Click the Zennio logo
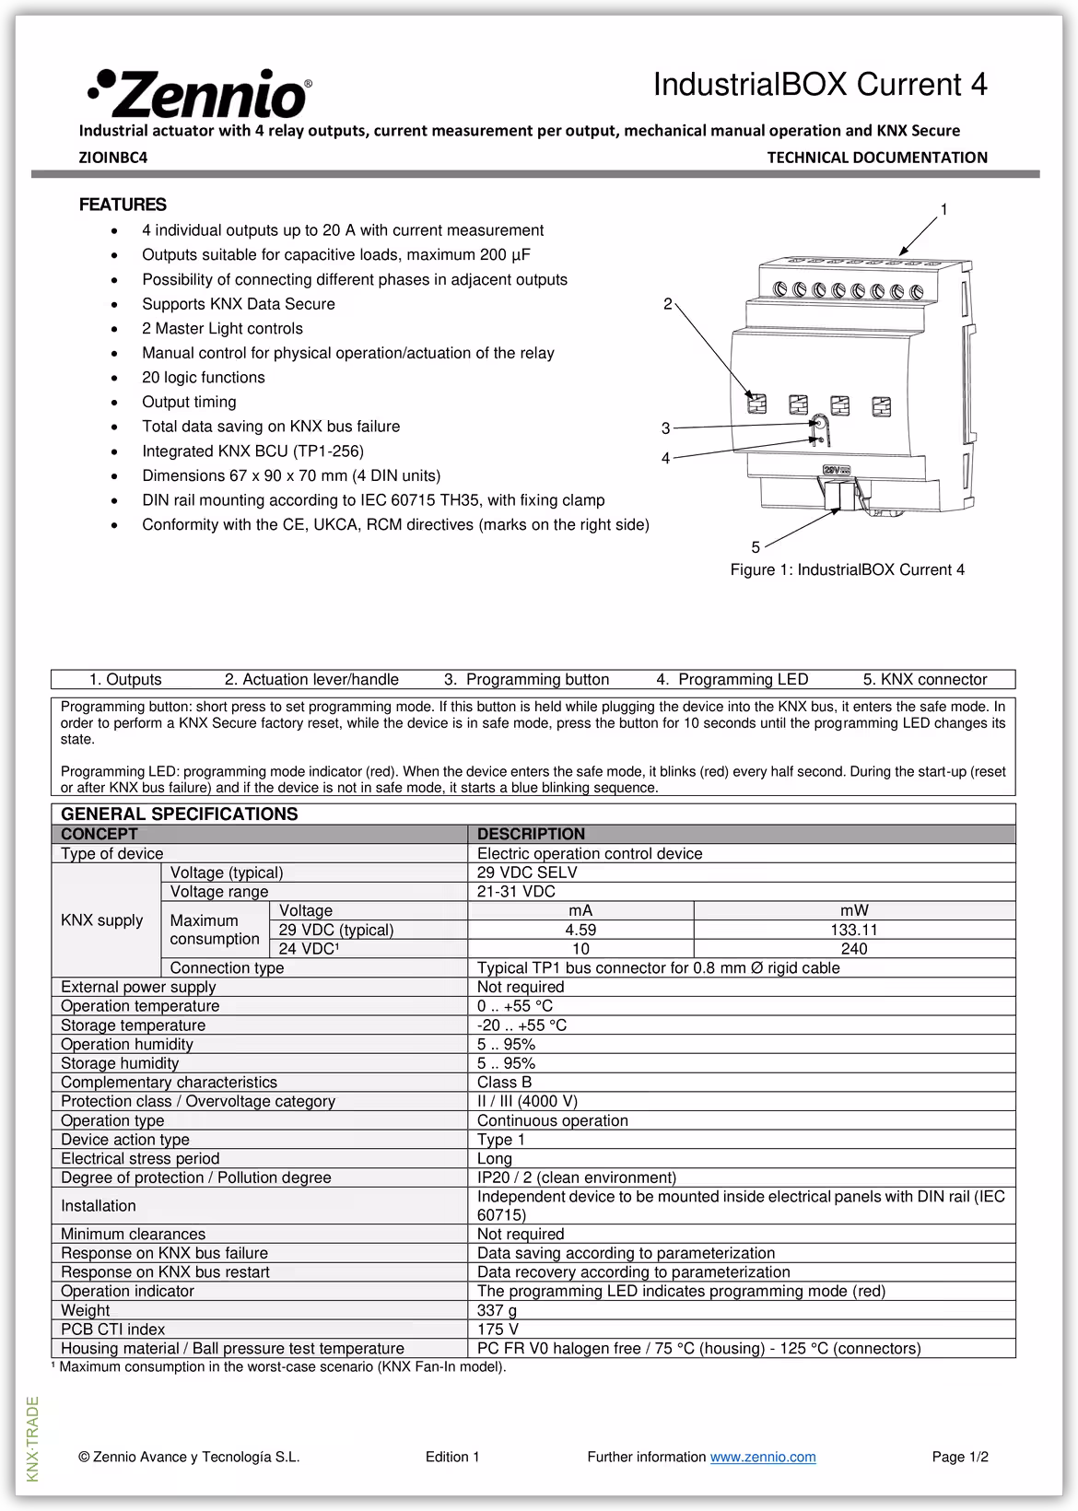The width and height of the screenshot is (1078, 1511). (200, 92)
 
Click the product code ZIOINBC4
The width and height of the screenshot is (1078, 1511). (112, 158)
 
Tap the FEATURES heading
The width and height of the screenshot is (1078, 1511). (123, 205)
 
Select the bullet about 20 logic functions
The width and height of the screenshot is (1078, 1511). (203, 378)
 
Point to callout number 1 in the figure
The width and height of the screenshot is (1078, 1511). (943, 210)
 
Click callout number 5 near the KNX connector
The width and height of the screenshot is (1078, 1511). (756, 547)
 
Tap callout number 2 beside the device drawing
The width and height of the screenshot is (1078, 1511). (668, 305)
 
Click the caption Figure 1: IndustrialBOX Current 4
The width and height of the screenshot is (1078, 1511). (847, 569)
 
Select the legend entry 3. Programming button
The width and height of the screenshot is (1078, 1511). (526, 680)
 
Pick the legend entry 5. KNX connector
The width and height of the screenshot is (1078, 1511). (924, 680)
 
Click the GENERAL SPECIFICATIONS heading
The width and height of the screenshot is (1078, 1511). (179, 814)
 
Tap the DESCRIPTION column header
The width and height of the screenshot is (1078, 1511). (531, 834)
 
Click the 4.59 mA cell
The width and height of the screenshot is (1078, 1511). (580, 930)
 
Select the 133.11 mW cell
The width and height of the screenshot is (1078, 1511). (853, 930)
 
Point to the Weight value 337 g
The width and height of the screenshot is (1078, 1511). (497, 1310)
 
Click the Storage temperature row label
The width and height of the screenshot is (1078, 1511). (133, 1025)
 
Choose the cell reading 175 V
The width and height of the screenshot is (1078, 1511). (498, 1329)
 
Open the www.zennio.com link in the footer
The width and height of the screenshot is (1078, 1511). (763, 1457)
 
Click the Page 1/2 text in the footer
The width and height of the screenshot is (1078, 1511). (959, 1457)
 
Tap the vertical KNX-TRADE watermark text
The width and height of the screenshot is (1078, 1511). (33, 1439)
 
